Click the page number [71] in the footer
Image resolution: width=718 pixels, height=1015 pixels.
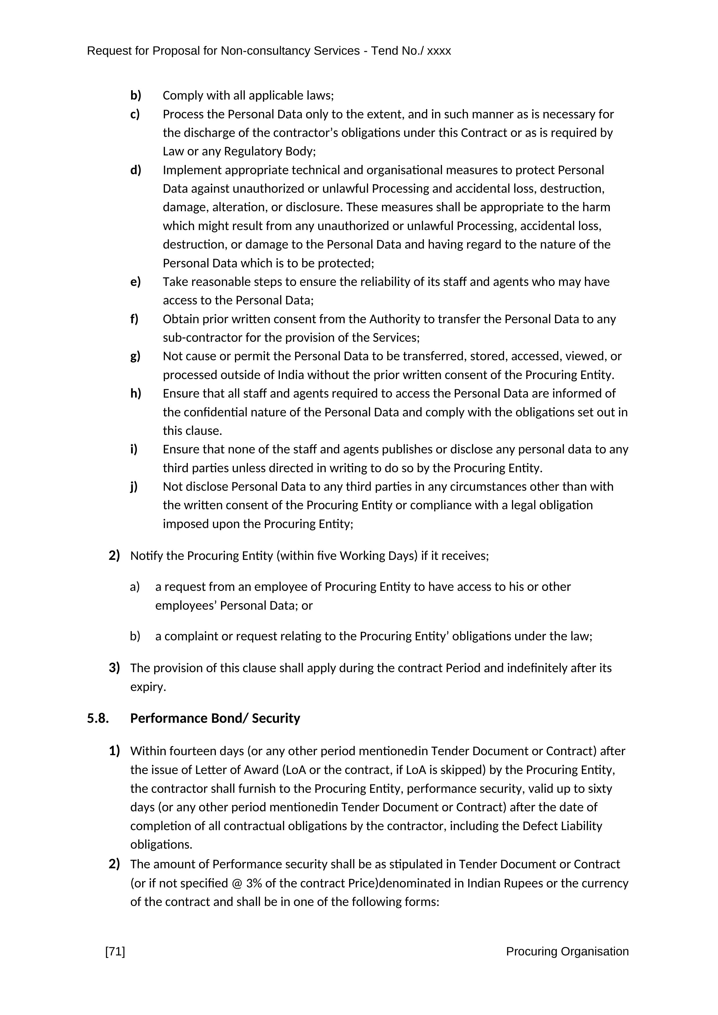pos(115,951)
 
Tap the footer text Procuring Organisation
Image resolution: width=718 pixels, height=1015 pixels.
pos(567,951)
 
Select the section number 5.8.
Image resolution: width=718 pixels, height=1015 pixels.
pos(98,718)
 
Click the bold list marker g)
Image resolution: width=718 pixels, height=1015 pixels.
pos(135,356)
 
